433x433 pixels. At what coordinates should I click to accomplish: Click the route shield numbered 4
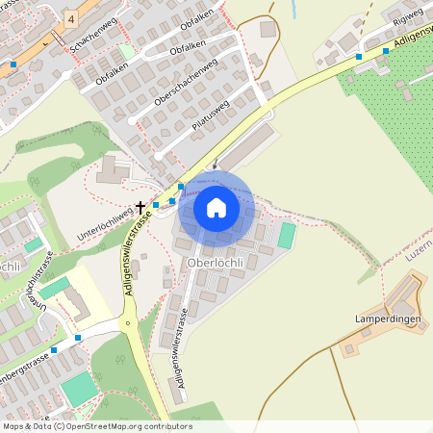pos(71,18)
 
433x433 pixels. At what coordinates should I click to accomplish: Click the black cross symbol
pos(140,207)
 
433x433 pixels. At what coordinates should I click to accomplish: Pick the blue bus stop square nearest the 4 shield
pos(13,64)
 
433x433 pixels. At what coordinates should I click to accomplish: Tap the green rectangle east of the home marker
pos(287,235)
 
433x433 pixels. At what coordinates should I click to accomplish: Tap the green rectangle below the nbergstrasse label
pos(79,388)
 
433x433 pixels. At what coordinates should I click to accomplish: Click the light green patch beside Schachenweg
pos(126,50)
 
